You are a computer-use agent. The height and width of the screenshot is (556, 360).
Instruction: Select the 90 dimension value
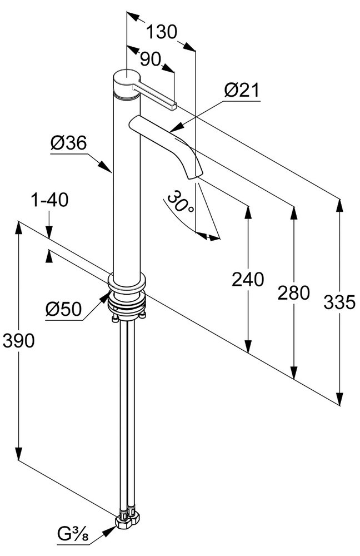point(149,58)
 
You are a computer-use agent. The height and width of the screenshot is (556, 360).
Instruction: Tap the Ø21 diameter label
point(242,91)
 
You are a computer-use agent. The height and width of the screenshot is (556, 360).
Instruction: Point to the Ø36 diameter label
point(68,143)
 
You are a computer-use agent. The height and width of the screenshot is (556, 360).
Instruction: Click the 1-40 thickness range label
point(49,199)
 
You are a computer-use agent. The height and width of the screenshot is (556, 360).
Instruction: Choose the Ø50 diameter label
point(64,309)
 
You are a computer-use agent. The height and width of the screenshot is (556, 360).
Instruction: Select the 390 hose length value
point(18,340)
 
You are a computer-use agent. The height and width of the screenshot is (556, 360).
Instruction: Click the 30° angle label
point(181,204)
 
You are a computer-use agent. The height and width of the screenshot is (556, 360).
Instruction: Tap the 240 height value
point(248,279)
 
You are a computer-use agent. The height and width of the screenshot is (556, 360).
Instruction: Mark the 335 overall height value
point(338,302)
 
